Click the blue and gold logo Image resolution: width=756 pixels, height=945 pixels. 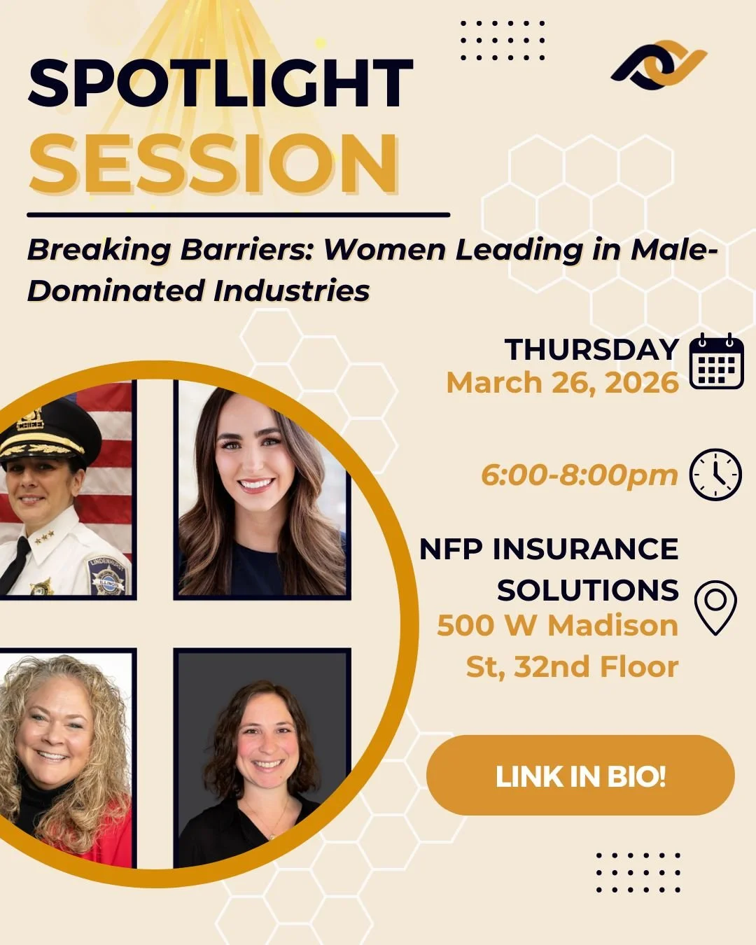659,65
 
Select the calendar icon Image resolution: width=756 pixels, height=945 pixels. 715,361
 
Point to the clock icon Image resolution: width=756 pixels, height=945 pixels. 715,475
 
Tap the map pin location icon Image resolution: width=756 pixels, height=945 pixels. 715,608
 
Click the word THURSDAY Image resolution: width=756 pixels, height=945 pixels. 591,349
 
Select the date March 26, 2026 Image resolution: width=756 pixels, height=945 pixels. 563,383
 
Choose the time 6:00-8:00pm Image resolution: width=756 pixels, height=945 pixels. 579,475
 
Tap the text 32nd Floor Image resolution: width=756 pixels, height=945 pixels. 596,667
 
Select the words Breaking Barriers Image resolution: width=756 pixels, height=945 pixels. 169,250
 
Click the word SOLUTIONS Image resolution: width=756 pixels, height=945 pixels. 588,590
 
